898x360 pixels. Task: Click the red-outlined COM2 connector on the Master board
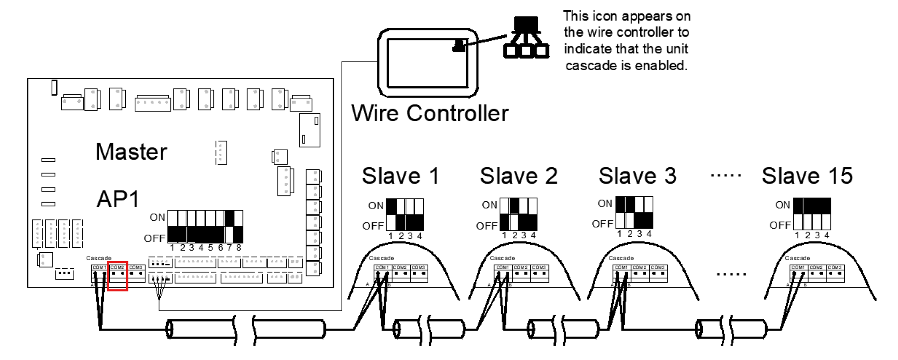tap(117, 275)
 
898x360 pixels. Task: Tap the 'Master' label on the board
tap(131, 152)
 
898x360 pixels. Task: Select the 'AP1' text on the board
tap(118, 199)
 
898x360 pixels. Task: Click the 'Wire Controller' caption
tap(430, 113)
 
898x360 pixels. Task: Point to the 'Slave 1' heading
tap(400, 176)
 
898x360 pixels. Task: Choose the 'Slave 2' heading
tap(519, 176)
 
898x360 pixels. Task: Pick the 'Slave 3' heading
tap(637, 176)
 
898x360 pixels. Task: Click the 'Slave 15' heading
tap(807, 176)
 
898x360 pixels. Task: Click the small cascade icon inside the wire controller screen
tap(459, 46)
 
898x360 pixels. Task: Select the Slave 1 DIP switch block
tap(404, 215)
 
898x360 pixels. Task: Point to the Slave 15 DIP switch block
tap(812, 214)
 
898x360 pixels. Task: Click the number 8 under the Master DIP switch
tap(239, 248)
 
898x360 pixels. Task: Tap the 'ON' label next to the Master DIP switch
tap(157, 218)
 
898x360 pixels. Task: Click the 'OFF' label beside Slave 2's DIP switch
tap(486, 226)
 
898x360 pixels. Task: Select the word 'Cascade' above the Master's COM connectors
tap(98, 258)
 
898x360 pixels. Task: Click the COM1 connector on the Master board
tap(99, 273)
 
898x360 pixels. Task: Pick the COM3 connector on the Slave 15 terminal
tap(835, 273)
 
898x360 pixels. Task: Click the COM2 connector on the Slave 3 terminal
tap(639, 273)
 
